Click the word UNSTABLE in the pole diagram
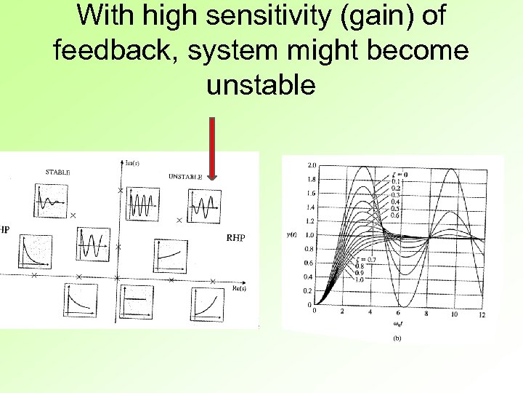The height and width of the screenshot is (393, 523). [185, 176]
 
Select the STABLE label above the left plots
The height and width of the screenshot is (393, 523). [57, 172]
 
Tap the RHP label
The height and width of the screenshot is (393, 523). [235, 237]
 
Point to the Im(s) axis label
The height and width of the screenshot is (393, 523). [133, 162]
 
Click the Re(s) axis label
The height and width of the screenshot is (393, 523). [242, 287]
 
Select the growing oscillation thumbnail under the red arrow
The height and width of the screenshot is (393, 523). [205, 207]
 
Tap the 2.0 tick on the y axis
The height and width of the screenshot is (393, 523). [311, 165]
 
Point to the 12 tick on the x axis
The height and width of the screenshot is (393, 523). [482, 314]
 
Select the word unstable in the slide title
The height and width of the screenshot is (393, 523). [261, 86]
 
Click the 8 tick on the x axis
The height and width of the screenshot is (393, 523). [426, 314]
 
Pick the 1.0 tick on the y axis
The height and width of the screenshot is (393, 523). [311, 235]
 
